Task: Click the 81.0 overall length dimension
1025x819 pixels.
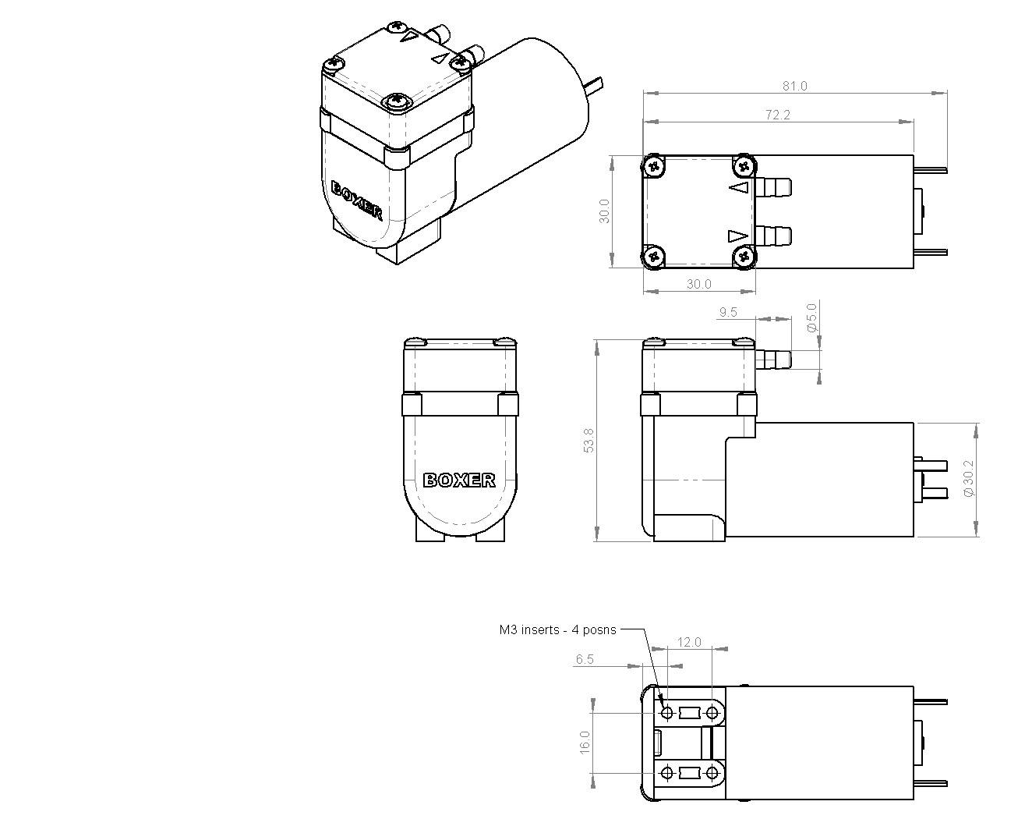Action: pyautogui.click(x=794, y=87)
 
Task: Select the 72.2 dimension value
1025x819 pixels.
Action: pyautogui.click(x=777, y=115)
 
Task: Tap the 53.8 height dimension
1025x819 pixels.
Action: pyautogui.click(x=588, y=440)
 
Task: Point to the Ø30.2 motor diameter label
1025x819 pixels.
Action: pyautogui.click(x=969, y=478)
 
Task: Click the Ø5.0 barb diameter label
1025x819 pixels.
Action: pyautogui.click(x=811, y=317)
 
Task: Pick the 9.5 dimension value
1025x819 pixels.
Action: pyautogui.click(x=728, y=312)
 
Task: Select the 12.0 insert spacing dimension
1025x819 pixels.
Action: pyautogui.click(x=689, y=642)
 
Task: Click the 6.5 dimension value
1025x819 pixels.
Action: pyautogui.click(x=585, y=659)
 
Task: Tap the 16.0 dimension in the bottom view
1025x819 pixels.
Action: pyautogui.click(x=585, y=743)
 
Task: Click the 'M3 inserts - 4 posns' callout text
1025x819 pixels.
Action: pyautogui.click(x=557, y=629)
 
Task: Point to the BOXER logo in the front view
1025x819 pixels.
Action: pyautogui.click(x=459, y=480)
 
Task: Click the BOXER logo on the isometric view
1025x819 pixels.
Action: pyautogui.click(x=356, y=200)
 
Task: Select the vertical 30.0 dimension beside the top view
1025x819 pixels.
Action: pyautogui.click(x=603, y=211)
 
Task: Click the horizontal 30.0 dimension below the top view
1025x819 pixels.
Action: pyautogui.click(x=698, y=284)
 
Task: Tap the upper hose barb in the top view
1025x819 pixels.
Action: pyautogui.click(x=773, y=187)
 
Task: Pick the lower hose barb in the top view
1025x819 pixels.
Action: pyautogui.click(x=773, y=236)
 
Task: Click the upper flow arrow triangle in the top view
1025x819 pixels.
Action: pyautogui.click(x=739, y=188)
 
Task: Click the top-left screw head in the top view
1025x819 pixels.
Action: pyautogui.click(x=653, y=166)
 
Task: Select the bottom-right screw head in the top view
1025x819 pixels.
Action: pyautogui.click(x=744, y=257)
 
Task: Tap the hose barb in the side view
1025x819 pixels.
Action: pyautogui.click(x=773, y=360)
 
